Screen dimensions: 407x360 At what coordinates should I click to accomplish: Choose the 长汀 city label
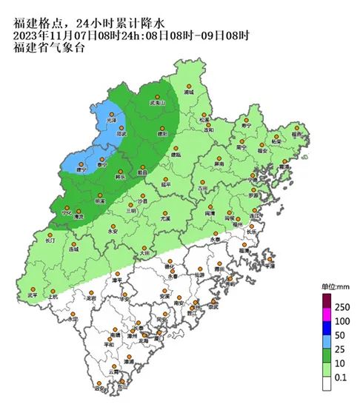[50, 240]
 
